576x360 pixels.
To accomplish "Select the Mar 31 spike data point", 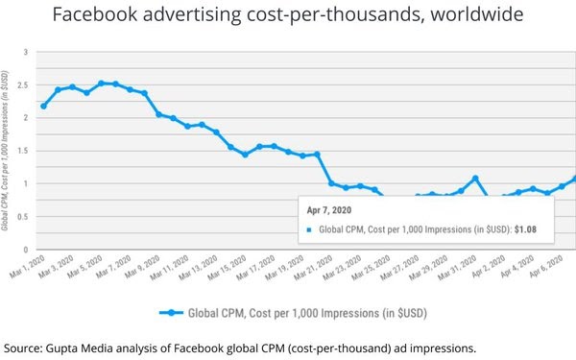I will (x=475, y=179).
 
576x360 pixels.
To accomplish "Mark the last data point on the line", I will (x=575, y=178).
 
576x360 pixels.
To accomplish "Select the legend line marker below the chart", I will (x=172, y=312).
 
